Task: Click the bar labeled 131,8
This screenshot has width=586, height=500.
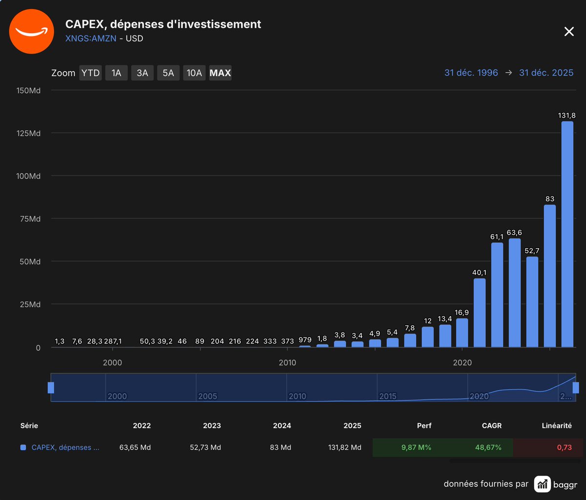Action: [567, 234]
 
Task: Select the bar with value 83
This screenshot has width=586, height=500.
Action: [550, 276]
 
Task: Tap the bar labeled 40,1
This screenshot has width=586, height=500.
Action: [480, 312]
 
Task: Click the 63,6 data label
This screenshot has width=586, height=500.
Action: [515, 232]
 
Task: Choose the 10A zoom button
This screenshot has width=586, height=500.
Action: [194, 73]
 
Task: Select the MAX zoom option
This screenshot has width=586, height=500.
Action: [220, 73]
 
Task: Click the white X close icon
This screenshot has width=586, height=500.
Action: [569, 32]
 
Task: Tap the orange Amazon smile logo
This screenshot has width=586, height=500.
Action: [32, 31]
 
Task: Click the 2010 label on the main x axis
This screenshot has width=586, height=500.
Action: [288, 363]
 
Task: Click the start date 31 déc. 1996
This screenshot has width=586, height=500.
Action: [471, 73]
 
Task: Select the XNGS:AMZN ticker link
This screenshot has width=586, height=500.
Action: [91, 38]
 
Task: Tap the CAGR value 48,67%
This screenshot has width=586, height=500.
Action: [488, 447]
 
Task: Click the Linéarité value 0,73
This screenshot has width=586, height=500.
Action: [564, 447]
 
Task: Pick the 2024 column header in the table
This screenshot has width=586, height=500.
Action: [282, 425]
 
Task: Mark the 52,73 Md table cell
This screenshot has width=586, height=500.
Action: [205, 447]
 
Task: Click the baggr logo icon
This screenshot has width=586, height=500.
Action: [542, 484]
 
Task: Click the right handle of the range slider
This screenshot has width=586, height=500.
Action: [576, 388]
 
